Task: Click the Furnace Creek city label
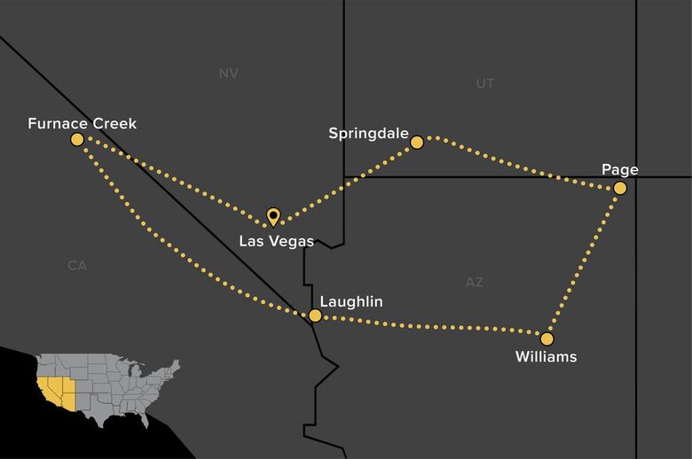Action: click(82, 123)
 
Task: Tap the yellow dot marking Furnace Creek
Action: click(77, 139)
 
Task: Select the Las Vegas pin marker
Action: click(273, 215)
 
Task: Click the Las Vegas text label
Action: click(276, 240)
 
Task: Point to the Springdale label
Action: click(368, 134)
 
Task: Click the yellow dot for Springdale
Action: click(416, 141)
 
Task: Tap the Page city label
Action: click(619, 169)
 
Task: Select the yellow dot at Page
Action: click(619, 188)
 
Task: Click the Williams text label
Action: click(546, 357)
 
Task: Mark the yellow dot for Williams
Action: click(547, 338)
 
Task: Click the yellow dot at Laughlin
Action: click(315, 315)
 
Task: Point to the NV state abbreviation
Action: click(228, 74)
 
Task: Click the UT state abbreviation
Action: click(484, 84)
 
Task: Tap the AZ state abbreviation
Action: click(474, 282)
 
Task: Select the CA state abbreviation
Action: click(76, 265)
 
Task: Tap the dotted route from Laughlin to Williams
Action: click(430, 326)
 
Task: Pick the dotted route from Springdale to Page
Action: click(519, 163)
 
